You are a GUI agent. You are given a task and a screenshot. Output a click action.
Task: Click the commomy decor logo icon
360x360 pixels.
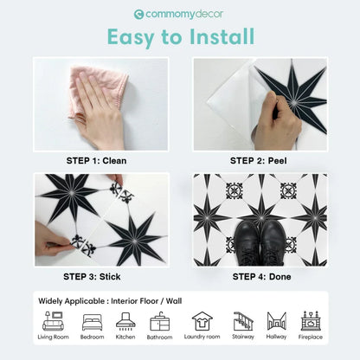tap(138, 14)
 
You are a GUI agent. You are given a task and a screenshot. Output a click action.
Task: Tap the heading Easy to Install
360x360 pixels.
tap(180, 37)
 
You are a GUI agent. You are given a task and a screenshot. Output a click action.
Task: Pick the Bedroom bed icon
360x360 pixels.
tap(91, 321)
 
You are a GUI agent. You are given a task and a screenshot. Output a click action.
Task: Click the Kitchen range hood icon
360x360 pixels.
tap(126, 321)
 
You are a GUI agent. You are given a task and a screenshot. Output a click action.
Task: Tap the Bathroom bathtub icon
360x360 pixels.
tap(160, 321)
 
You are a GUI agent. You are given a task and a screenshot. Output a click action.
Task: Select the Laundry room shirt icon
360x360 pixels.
tap(202, 320)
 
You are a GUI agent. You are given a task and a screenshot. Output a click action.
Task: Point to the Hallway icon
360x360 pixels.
tap(277, 320)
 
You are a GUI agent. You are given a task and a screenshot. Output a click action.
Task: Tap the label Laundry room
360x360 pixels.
tap(202, 338)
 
